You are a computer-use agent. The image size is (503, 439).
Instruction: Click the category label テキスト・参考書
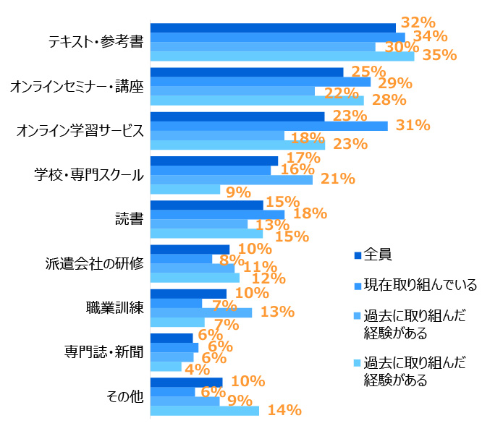point(95,42)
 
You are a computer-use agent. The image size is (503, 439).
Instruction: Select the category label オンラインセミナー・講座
point(77,87)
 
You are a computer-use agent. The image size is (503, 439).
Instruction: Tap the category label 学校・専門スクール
point(89,175)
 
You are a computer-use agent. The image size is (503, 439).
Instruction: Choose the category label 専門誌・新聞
point(104,352)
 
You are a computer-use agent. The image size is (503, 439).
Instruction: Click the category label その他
point(124,396)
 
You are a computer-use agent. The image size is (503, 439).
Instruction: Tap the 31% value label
point(413,125)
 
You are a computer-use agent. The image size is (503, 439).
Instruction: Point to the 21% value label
point(337,179)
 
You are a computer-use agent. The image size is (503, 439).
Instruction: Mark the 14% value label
point(284,411)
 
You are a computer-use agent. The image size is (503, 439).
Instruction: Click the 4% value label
point(198,368)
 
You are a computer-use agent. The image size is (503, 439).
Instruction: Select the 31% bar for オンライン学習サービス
point(269,126)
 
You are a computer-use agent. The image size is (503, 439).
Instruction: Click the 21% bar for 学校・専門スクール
point(231,179)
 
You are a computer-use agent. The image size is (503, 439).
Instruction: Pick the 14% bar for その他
point(204,411)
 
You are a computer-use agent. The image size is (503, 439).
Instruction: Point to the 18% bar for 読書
point(217,215)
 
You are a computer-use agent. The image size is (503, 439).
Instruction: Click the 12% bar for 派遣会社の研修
point(195,278)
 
